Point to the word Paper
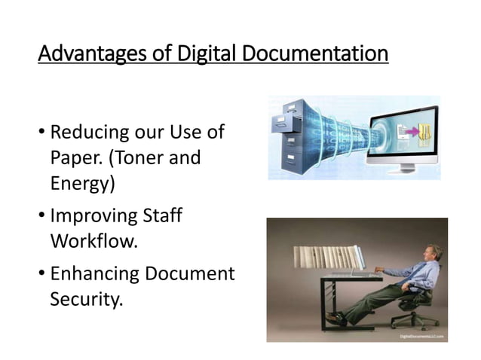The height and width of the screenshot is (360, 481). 75,157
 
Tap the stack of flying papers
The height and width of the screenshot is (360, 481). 326,258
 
